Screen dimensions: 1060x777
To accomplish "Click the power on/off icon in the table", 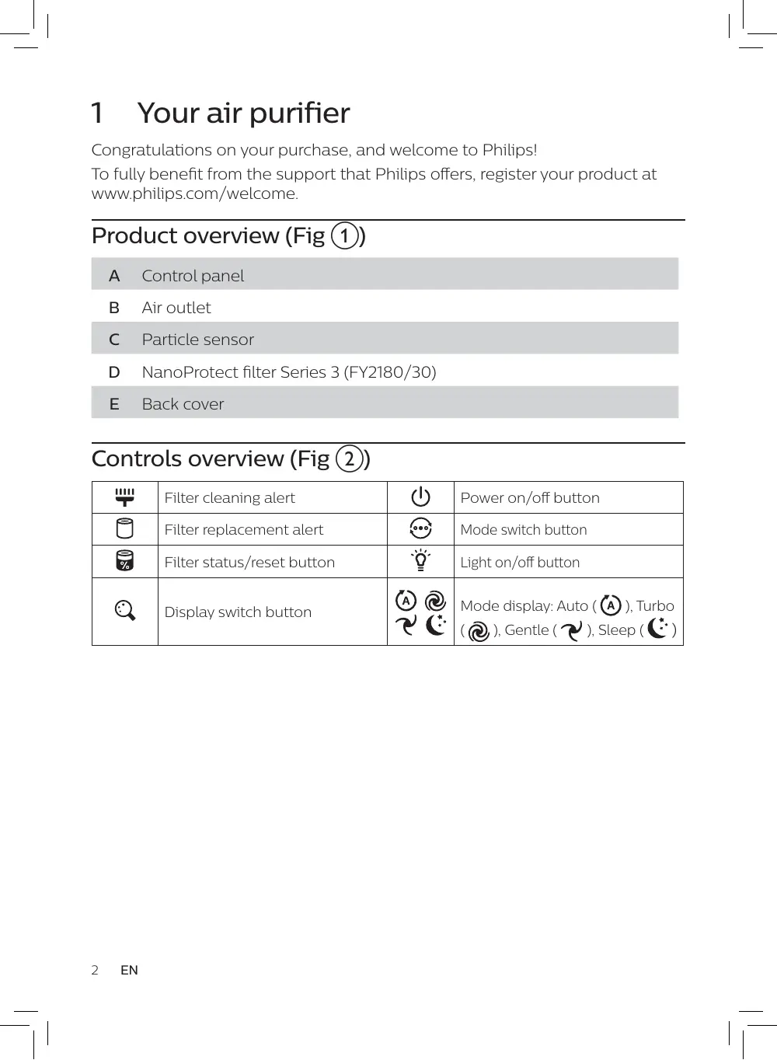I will [x=420, y=497].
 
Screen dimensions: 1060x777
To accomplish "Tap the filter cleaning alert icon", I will [x=124, y=497].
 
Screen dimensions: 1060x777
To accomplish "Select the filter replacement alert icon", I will [x=124, y=529].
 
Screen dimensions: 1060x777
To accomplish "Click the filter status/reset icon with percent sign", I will [x=124, y=561].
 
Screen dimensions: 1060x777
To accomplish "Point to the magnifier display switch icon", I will [x=124, y=611].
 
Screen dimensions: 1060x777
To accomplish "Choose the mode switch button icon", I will [x=420, y=529].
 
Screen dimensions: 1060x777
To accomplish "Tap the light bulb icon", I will [x=420, y=560].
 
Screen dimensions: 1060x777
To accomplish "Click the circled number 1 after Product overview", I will [x=345, y=235].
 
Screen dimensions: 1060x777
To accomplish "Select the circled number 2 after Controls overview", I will [x=350, y=459].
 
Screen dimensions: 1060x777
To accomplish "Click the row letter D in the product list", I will [x=114, y=372].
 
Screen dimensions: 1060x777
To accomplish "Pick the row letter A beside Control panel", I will [x=114, y=276].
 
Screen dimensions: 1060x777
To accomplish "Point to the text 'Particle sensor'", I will [x=197, y=340].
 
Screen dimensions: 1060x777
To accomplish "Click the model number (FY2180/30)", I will [x=390, y=372].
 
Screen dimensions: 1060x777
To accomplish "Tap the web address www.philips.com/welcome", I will [x=194, y=194].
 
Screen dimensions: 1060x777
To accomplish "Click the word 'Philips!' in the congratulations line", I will [x=509, y=150].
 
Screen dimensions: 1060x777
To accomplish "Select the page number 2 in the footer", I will [x=95, y=970].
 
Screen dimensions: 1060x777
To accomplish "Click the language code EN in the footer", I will [x=129, y=970].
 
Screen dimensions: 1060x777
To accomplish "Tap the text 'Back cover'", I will [x=183, y=404].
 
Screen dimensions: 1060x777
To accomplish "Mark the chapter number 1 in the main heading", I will [x=97, y=113].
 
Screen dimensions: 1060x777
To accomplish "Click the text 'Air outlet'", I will [x=176, y=308].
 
